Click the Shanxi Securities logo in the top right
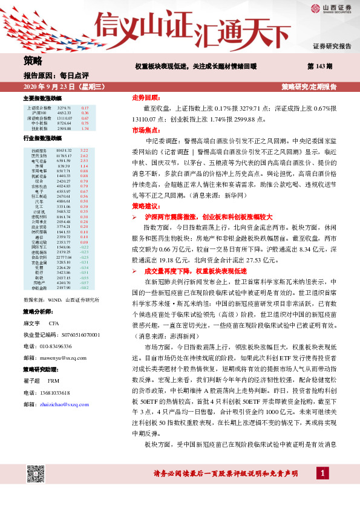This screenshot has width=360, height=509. (332, 8)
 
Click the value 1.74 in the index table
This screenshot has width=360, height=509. (85, 129)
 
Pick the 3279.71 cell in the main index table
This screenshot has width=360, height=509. (65, 108)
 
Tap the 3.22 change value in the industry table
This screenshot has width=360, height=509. (84, 150)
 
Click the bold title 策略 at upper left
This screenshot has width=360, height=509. (33, 60)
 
